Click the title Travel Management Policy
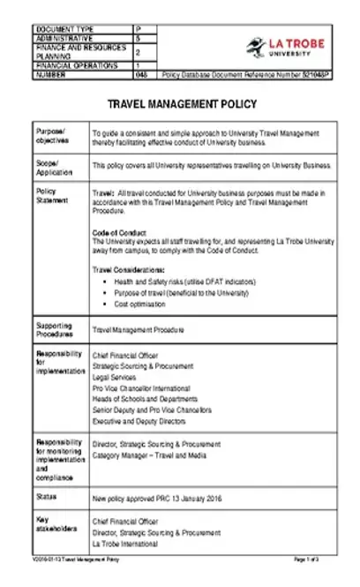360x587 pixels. (181, 104)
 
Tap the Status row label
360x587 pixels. (46, 496)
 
